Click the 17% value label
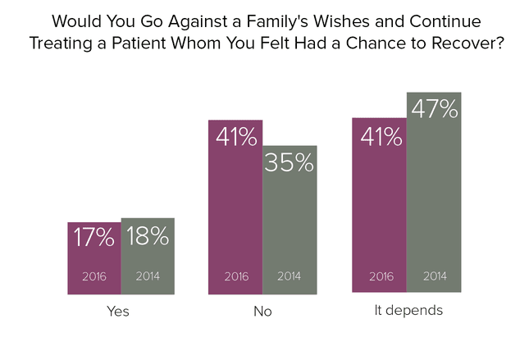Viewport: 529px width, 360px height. pyautogui.click(x=93, y=237)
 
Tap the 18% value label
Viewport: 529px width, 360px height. pyautogui.click(x=148, y=235)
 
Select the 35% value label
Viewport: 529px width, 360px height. pyautogui.click(x=290, y=162)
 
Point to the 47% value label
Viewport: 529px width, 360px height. pyautogui.click(x=435, y=108)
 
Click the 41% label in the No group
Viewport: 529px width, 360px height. pyautogui.click(x=236, y=137)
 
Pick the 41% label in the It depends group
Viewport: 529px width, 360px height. pyautogui.click(x=381, y=137)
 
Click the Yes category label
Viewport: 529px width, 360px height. pyautogui.click(x=118, y=311)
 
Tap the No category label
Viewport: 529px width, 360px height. pyautogui.click(x=262, y=311)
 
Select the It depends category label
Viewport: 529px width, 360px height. pyautogui.click(x=408, y=310)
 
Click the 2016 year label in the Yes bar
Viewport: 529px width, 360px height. pyautogui.click(x=94, y=276)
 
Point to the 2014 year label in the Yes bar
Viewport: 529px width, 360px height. pyautogui.click(x=148, y=276)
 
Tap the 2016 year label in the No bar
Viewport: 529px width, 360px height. pyautogui.click(x=236, y=276)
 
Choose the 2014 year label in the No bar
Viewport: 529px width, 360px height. pyautogui.click(x=290, y=276)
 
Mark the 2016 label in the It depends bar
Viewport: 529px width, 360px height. pyautogui.click(x=381, y=276)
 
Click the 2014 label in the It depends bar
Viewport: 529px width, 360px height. pyautogui.click(x=435, y=276)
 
